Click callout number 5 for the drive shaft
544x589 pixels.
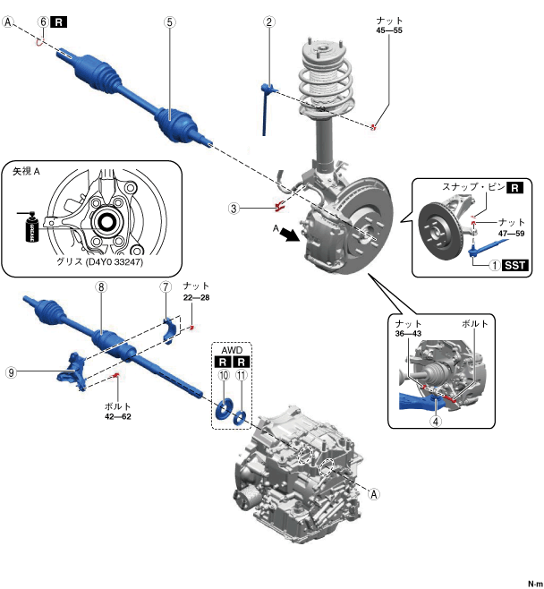[x=169, y=21]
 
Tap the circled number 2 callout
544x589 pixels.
[x=268, y=21]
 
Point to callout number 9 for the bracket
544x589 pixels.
[x=12, y=374]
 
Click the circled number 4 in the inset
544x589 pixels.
[x=434, y=421]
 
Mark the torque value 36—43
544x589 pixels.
[x=404, y=334]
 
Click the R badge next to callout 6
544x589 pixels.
[x=59, y=21]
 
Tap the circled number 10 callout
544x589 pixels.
[x=222, y=377]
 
